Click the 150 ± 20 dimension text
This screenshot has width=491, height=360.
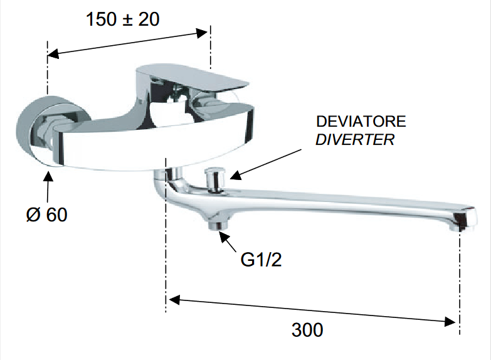coord(123,19)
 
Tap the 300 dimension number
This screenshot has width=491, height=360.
coord(307,330)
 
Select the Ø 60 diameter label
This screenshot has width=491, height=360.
coord(46,214)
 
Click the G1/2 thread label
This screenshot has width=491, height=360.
coord(261,260)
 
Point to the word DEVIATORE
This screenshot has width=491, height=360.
coord(361,121)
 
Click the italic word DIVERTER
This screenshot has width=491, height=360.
coord(355,139)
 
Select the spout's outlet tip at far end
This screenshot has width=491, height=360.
coord(463,220)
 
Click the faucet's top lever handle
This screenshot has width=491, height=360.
coord(193,77)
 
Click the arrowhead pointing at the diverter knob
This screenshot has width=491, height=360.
coord(236,176)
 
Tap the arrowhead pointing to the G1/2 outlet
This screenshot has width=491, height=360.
coord(223,236)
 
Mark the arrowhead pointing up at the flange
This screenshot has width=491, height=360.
coord(48,176)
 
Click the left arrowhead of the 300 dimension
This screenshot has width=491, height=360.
coord(174,300)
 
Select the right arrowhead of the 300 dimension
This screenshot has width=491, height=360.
coord(450,322)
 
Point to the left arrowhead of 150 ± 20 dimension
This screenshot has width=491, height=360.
coord(53,53)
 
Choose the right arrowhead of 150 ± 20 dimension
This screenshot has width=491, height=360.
coord(202,33)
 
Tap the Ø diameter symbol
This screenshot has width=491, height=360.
coord(33,214)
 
